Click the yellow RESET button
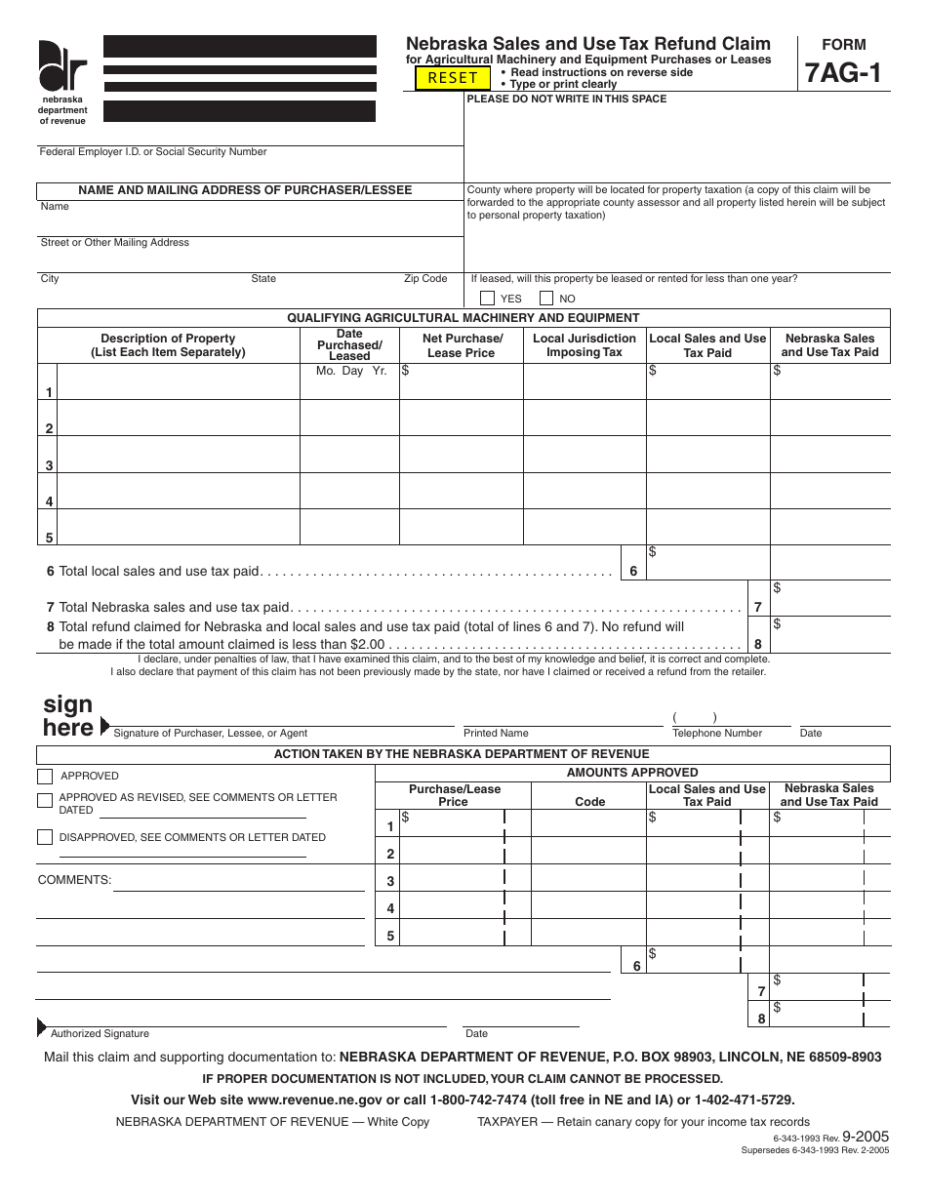[x=453, y=78]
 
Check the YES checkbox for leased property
[x=488, y=299]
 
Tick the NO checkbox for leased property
[x=546, y=299]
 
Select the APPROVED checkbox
[x=45, y=777]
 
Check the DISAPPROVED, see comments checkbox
[x=45, y=837]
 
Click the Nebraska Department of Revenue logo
[x=62, y=68]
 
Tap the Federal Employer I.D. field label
[x=152, y=152]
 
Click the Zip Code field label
[x=425, y=279]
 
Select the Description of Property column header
[x=168, y=345]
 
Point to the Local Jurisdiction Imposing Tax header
[x=584, y=345]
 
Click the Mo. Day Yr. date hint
[x=351, y=372]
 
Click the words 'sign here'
[x=68, y=716]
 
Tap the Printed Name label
[x=496, y=733]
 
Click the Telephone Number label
[x=717, y=733]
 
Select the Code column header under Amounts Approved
[x=589, y=802]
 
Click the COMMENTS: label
[x=74, y=880]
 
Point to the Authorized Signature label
[x=100, y=1033]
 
